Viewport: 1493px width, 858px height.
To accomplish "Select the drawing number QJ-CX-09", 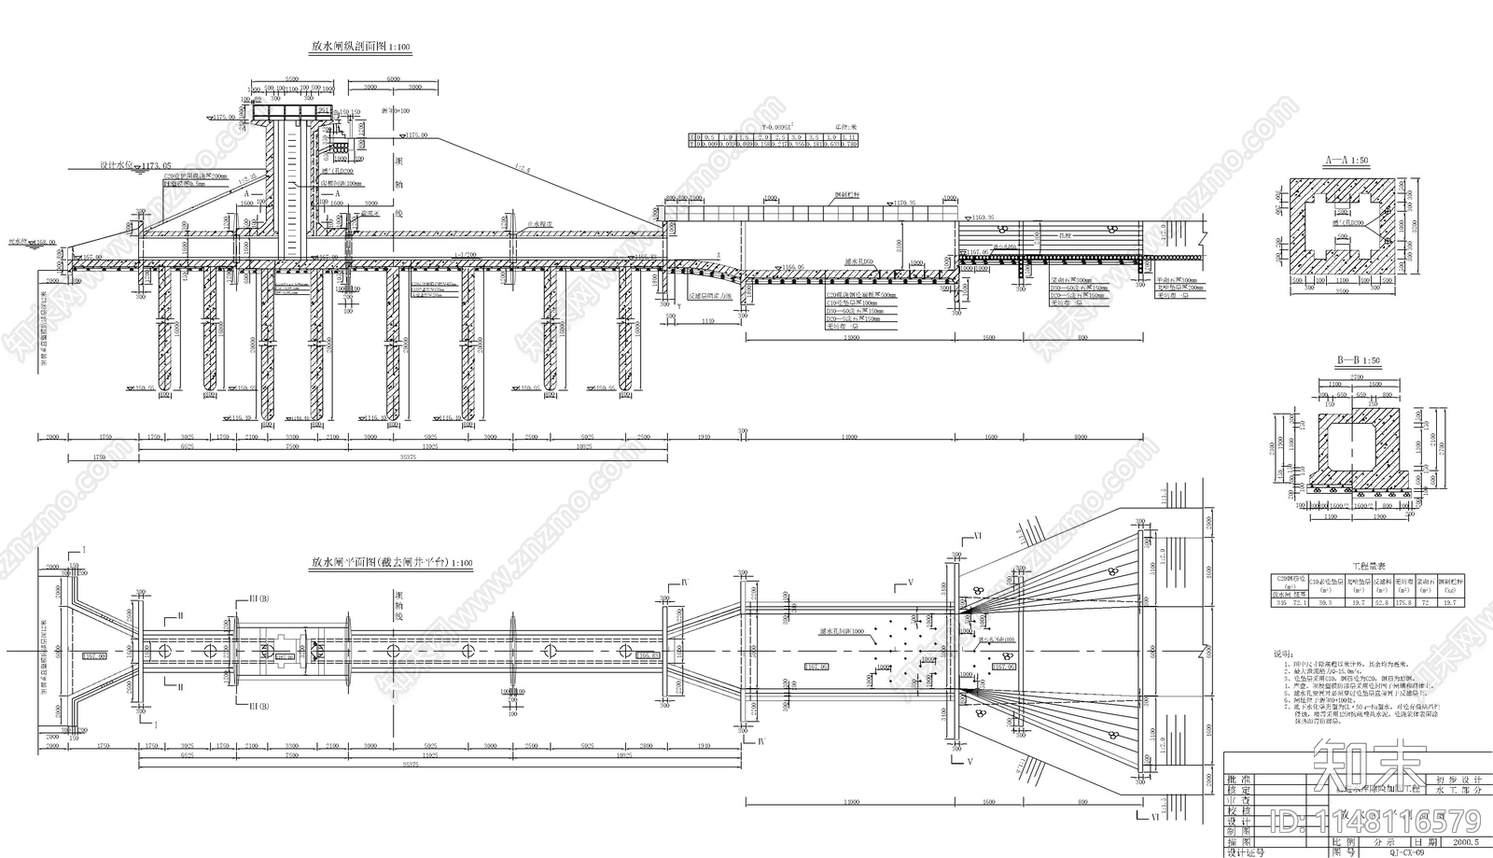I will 1407,851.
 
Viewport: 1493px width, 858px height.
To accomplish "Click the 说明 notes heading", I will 1286,654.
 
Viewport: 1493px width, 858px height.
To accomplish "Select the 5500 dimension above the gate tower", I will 291,79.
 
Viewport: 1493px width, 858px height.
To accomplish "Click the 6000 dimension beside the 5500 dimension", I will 386,79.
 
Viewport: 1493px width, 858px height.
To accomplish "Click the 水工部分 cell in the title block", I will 1458,791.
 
